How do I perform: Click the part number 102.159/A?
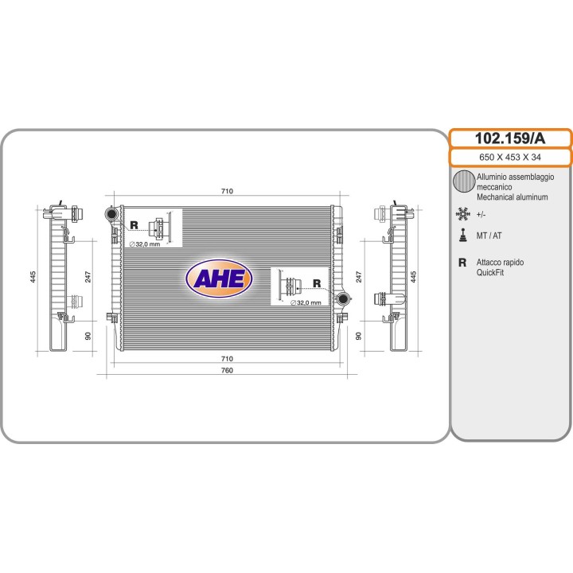[x=510, y=138]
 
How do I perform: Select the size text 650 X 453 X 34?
[x=510, y=157]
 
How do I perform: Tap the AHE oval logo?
[x=219, y=279]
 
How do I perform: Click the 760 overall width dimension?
[x=227, y=370]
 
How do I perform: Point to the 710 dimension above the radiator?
[x=227, y=191]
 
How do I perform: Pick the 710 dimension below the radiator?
[x=227, y=358]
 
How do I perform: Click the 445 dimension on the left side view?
[x=33, y=277]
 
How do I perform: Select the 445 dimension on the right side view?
[x=413, y=277]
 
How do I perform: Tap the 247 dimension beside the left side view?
[x=88, y=277]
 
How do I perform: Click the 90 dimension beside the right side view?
[x=358, y=336]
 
